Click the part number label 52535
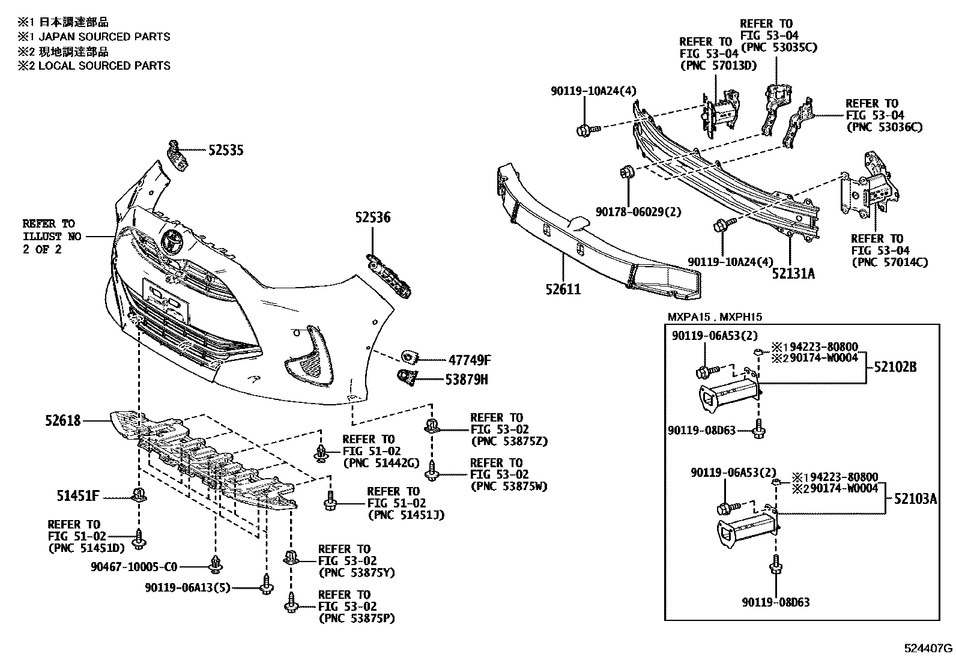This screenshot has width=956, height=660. click(226, 150)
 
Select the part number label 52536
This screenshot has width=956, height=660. click(372, 217)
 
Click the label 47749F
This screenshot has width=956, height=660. click(469, 360)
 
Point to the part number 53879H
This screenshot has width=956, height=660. click(467, 380)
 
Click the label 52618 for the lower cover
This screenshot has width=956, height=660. click(62, 421)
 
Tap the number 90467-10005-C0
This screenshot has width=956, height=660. click(135, 566)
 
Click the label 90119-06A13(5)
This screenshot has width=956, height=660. click(187, 588)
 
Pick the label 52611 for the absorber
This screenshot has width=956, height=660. click(563, 289)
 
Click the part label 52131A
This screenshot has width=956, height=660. click(793, 274)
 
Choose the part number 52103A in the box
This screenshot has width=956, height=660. click(915, 498)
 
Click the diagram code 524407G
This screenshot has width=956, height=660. click(928, 649)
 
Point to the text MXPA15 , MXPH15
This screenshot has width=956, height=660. click(715, 316)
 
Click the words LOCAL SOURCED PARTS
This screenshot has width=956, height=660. click(104, 65)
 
